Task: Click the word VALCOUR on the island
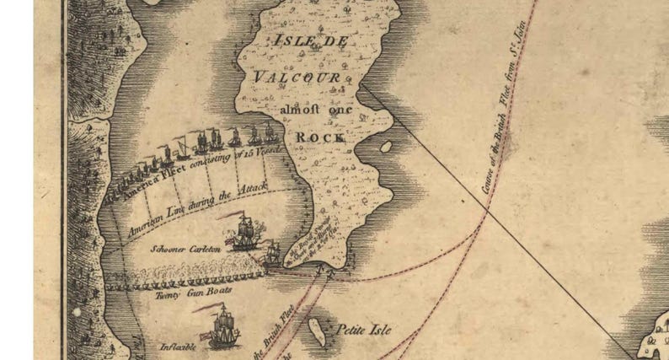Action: click(297, 78)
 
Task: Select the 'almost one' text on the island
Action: click(313, 108)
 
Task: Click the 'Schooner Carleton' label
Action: click(185, 249)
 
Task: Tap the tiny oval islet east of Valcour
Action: click(386, 146)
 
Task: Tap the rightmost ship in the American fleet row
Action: click(269, 133)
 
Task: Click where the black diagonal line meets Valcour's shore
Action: click(363, 86)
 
